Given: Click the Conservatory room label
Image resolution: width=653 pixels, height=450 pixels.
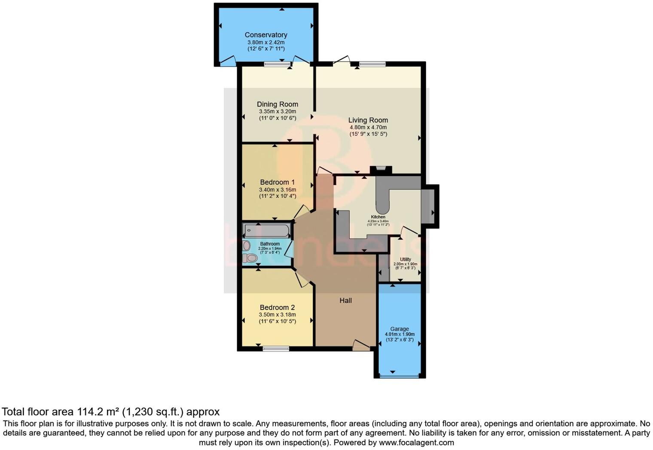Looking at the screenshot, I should pyautogui.click(x=266, y=35).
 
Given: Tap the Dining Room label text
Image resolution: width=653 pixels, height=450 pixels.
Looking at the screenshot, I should pyautogui.click(x=278, y=104).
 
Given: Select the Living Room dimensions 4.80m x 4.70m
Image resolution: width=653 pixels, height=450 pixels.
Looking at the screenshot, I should pyautogui.click(x=368, y=128).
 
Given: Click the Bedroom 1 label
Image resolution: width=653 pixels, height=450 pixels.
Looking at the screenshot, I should pyautogui.click(x=278, y=182).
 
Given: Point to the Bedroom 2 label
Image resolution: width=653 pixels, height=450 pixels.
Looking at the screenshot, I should pyautogui.click(x=278, y=307).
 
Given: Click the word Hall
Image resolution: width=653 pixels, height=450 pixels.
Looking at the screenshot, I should pyautogui.click(x=345, y=301).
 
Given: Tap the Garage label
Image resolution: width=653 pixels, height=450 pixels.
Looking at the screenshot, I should pyautogui.click(x=400, y=329).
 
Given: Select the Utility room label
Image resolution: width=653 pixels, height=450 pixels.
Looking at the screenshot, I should pyautogui.click(x=405, y=259).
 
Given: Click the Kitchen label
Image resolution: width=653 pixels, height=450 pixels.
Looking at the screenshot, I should pyautogui.click(x=378, y=217).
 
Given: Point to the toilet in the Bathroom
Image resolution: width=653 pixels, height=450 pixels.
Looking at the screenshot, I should pyautogui.click(x=250, y=258).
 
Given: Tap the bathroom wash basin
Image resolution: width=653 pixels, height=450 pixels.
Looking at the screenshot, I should pyautogui.click(x=246, y=246).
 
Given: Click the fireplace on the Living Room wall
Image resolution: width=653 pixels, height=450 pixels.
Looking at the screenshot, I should pyautogui.click(x=381, y=170).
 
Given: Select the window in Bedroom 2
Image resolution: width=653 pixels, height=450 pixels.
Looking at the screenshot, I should pyautogui.click(x=276, y=349).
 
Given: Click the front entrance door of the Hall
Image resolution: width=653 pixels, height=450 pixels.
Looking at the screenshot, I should pyautogui.click(x=361, y=346).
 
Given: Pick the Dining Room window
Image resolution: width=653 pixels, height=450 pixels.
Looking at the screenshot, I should pyautogui.click(x=277, y=64).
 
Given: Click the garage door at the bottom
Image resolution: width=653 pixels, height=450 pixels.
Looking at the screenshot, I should pyautogui.click(x=399, y=377).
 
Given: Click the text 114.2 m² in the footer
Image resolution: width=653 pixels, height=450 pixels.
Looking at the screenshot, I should pyautogui.click(x=98, y=412).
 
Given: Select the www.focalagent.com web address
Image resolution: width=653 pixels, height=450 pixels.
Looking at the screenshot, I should pyautogui.click(x=416, y=442).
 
